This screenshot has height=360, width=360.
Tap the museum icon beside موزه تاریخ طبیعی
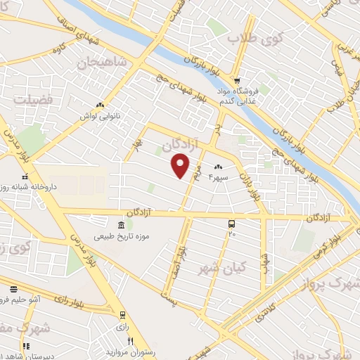[121, 225]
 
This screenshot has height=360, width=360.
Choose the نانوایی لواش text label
[101, 115]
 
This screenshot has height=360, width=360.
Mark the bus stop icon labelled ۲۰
[231, 223]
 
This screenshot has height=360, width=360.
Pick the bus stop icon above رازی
[123, 315]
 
